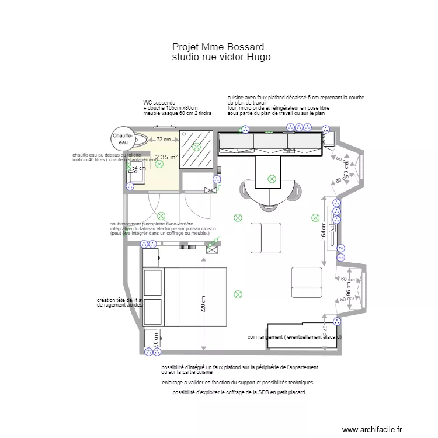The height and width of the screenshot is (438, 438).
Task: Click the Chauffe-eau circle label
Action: click(x=123, y=138)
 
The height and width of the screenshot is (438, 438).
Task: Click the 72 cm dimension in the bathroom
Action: click(x=164, y=140)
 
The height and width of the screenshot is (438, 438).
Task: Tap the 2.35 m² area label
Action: click(x=166, y=157)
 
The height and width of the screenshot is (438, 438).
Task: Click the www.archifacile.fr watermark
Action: click(x=372, y=429)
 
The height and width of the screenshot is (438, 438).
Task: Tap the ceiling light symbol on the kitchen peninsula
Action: click(x=271, y=179)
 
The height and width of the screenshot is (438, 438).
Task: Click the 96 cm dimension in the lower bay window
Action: click(x=349, y=290)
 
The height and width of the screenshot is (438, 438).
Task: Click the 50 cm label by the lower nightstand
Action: click(x=156, y=340)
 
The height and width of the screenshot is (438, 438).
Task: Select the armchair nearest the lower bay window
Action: click(x=307, y=282)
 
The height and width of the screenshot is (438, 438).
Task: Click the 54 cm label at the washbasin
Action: click(x=138, y=168)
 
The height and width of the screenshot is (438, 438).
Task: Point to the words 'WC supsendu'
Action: click(x=159, y=103)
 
